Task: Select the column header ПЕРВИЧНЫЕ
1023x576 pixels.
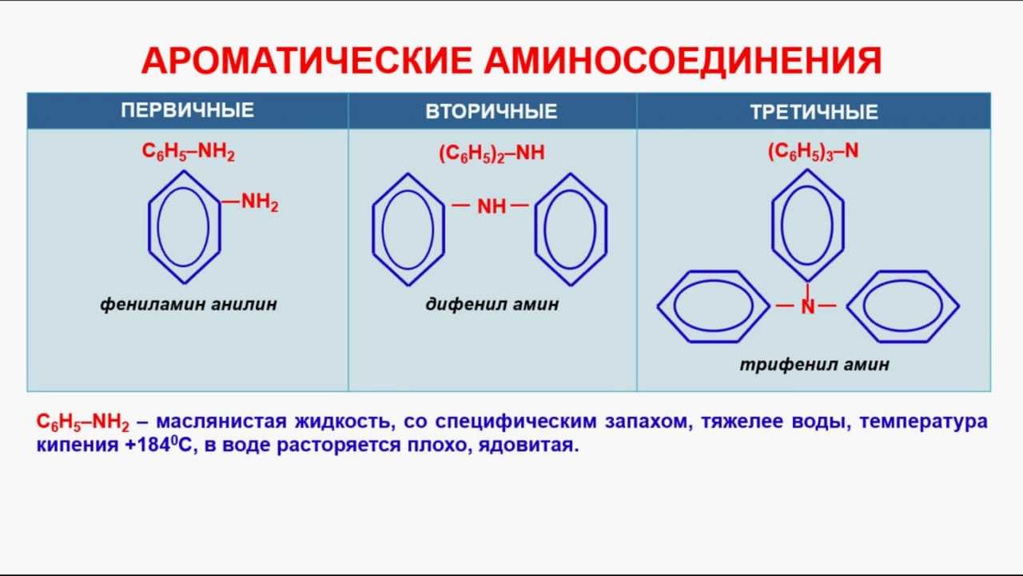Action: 188,110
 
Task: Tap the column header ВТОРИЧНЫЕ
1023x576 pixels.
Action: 492,111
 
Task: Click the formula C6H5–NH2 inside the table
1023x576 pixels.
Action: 189,153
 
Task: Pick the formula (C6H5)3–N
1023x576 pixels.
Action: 813,152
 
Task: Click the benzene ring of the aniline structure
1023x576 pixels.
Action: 184,226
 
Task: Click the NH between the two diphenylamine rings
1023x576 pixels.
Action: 492,206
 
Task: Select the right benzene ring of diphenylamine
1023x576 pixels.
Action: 570,229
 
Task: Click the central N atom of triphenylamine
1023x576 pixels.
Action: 808,306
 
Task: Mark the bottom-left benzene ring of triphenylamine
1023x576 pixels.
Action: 714,306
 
